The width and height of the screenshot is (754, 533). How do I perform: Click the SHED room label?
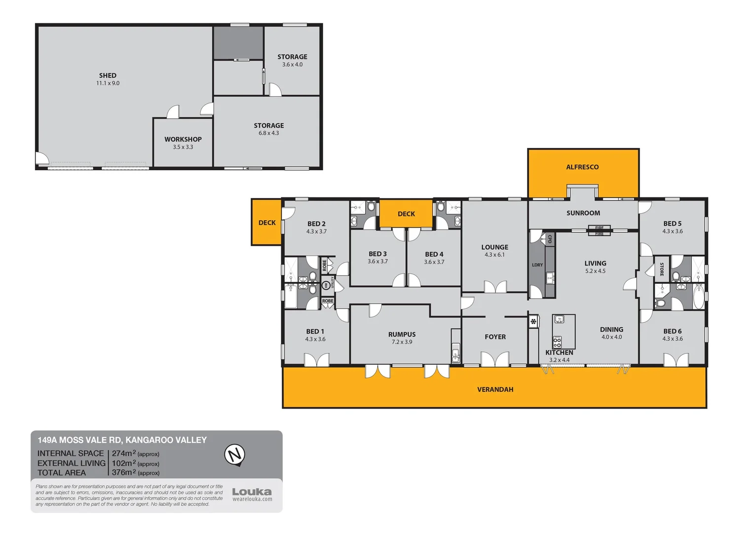108,76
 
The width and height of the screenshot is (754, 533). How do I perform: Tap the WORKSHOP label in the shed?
183,139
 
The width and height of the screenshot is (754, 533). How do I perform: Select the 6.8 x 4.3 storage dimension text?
268,133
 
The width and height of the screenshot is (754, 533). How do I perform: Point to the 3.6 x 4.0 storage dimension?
292,65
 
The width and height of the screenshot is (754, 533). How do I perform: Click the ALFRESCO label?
582,167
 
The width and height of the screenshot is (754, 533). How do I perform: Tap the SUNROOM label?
583,213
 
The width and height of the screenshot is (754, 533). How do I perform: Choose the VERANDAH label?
495,389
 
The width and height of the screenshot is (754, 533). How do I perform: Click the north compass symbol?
235,455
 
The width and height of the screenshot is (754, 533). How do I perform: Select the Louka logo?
252,492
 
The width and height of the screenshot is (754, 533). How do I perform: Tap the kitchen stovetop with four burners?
557,342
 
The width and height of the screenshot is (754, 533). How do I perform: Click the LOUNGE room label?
494,247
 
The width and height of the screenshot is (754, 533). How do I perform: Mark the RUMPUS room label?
402,335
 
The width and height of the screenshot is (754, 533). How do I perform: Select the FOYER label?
495,337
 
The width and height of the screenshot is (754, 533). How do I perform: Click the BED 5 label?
672,224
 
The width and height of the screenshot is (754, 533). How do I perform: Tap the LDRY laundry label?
537,265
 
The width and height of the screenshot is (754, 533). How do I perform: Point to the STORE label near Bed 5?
662,269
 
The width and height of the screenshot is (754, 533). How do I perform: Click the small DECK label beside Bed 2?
267,223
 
